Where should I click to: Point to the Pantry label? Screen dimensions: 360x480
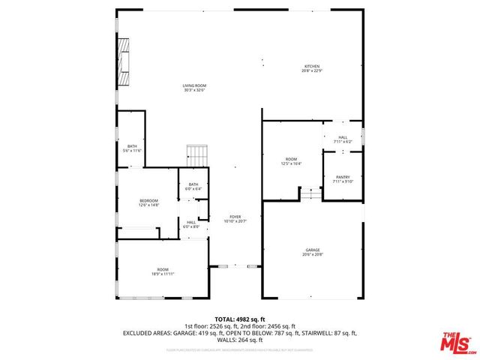tap(343, 178)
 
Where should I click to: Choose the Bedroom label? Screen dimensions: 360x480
tap(149, 202)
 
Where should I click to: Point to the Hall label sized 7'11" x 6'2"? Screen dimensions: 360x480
tap(343, 139)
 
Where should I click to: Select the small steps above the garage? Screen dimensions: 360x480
tap(310, 194)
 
